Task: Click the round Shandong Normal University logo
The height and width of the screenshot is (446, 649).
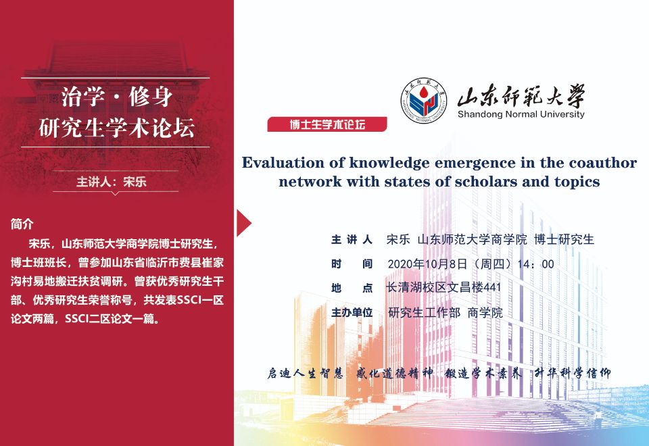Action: (424, 101)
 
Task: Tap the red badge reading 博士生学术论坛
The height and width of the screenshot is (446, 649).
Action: (327, 124)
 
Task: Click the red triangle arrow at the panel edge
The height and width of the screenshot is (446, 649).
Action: (244, 222)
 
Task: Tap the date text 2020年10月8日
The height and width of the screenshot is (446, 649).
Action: (427, 264)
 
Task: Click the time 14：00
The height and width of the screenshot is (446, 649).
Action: (535, 264)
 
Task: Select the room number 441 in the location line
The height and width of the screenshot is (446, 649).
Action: (492, 287)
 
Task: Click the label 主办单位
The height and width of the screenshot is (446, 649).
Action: (352, 312)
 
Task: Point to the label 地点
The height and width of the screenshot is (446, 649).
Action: (352, 288)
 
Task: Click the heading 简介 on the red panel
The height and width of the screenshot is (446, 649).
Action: (22, 224)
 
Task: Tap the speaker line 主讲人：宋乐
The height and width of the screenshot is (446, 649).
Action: (112, 182)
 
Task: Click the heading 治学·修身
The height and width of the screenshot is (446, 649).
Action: (116, 97)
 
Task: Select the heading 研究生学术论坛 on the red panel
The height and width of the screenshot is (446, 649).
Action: (116, 127)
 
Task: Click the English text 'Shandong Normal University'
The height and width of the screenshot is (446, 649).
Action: (521, 114)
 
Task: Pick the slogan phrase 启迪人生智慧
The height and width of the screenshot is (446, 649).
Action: (305, 373)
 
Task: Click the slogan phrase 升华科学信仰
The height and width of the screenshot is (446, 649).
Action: (573, 373)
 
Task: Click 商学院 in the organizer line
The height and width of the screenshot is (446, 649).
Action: (485, 312)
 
